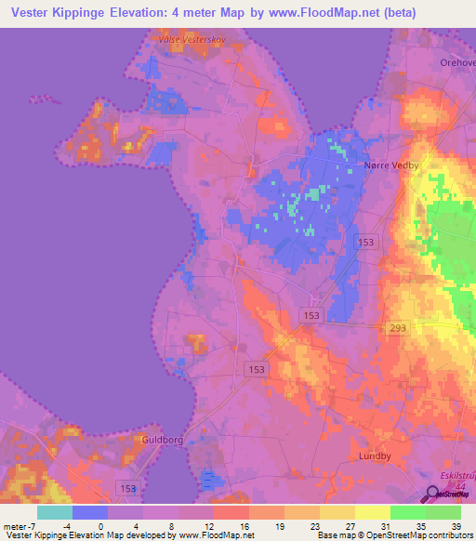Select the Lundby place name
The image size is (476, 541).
pos(377,456)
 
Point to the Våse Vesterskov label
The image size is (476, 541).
pos(192,40)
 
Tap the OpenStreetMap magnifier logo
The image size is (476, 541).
pos(433,495)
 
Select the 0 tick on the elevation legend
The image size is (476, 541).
pos(101,527)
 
